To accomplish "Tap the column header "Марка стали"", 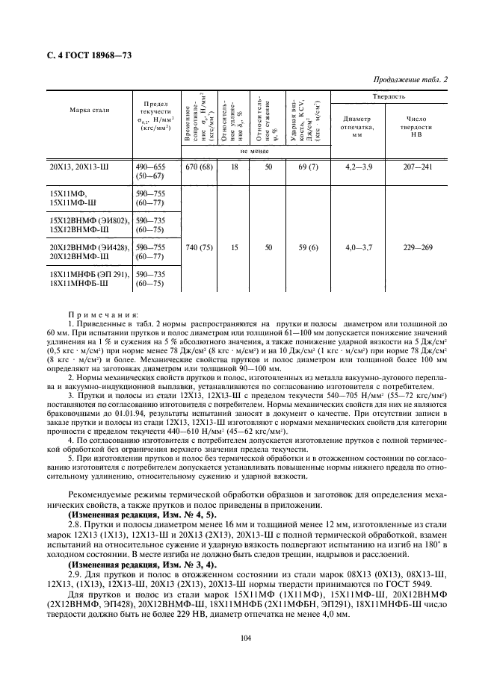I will point(90,110).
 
